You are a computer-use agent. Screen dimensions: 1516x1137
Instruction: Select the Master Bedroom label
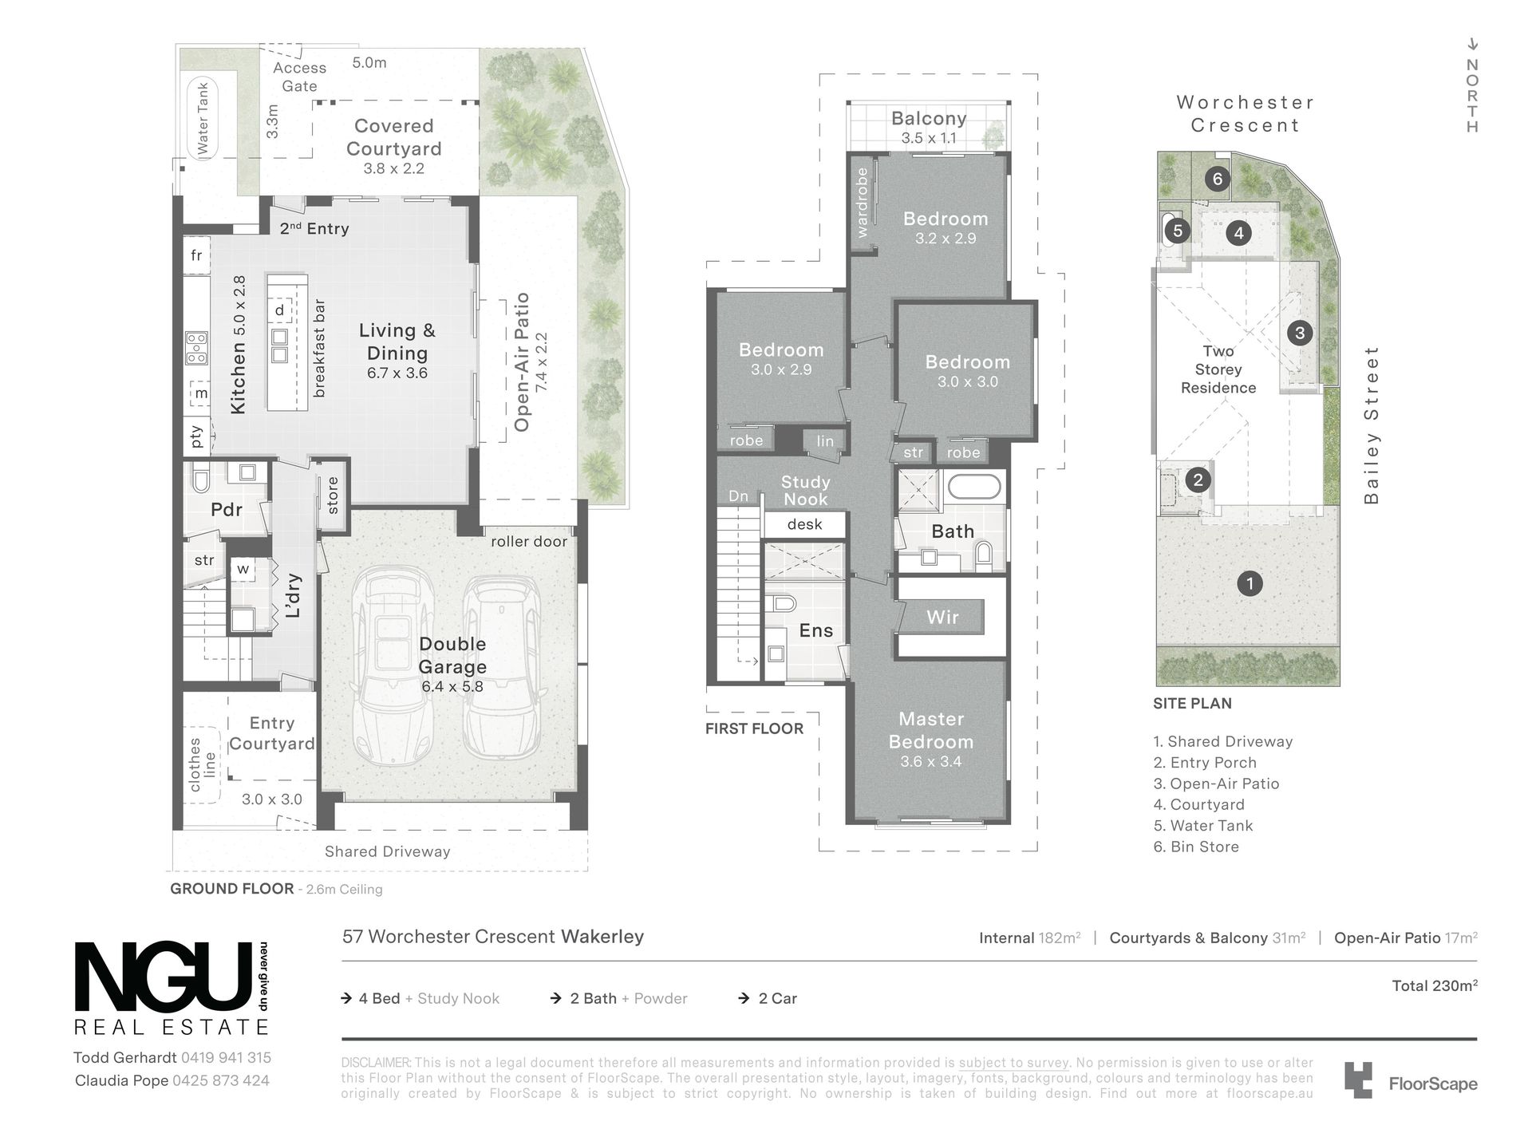click(931, 730)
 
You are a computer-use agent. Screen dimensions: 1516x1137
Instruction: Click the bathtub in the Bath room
click(973, 486)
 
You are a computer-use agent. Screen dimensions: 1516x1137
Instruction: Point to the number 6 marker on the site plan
click(1218, 179)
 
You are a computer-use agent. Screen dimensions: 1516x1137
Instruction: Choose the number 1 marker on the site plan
click(1250, 583)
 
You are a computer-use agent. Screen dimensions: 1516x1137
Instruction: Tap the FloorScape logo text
click(1433, 1084)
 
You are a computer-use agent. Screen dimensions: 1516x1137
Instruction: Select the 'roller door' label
click(528, 542)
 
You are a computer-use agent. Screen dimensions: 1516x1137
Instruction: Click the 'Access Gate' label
click(299, 77)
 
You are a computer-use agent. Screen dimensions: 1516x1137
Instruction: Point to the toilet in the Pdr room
click(200, 480)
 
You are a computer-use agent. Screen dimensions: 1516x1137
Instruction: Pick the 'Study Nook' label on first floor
click(805, 491)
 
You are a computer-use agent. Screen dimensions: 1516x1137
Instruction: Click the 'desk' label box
click(804, 524)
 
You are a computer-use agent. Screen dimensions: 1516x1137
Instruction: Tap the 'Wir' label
click(942, 617)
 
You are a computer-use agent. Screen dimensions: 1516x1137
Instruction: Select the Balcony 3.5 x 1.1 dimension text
click(929, 138)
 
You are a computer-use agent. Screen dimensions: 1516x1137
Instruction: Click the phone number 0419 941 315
click(226, 1058)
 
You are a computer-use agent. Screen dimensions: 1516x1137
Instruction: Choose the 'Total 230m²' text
click(1435, 985)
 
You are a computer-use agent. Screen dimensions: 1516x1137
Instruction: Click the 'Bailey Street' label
click(1371, 424)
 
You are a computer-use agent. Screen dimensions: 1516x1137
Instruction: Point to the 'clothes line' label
click(202, 764)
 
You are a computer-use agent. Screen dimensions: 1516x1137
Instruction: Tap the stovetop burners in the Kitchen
click(195, 348)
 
